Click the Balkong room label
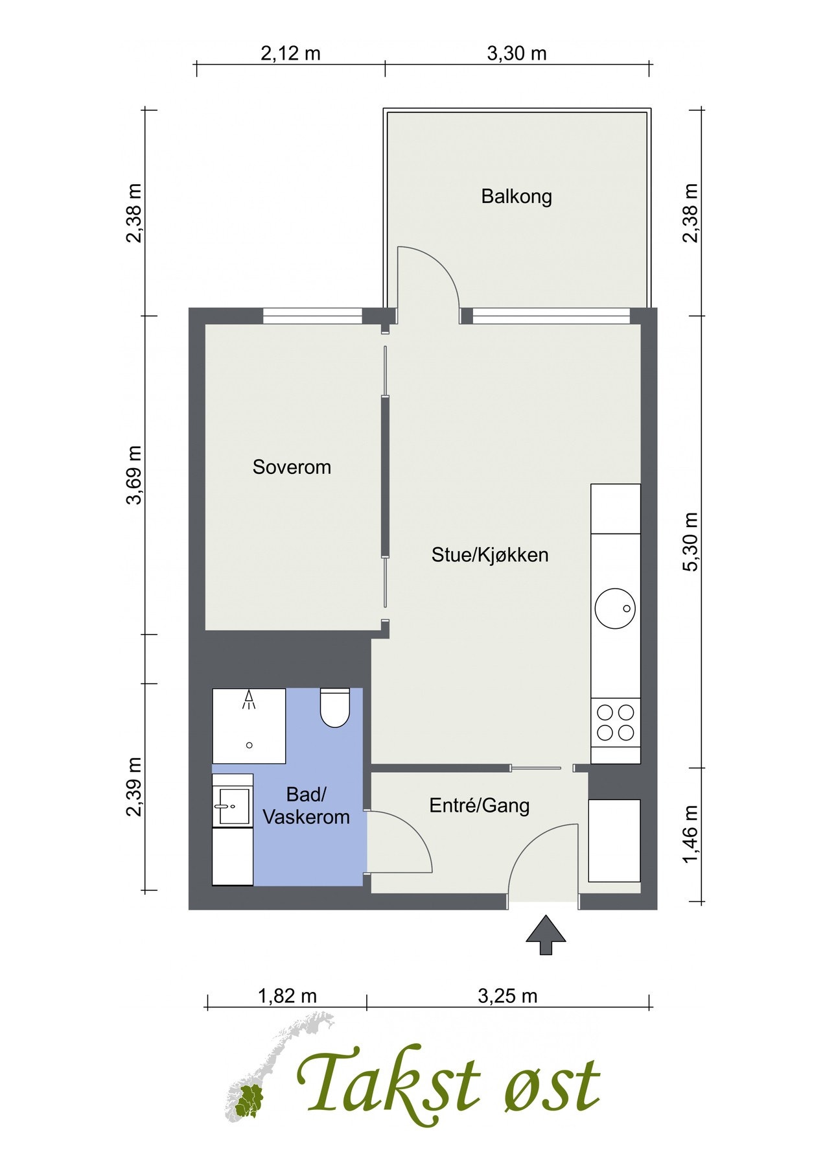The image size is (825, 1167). tap(516, 196)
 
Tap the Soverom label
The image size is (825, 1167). tap(292, 467)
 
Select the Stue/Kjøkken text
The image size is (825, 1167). tap(490, 555)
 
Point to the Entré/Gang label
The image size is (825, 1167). tap(480, 806)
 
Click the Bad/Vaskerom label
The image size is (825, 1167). tap(306, 806)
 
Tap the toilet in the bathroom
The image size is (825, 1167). tap(334, 708)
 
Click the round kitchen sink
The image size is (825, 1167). tap(614, 608)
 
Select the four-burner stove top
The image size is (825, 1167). tap(615, 722)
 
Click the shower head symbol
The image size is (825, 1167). tap(249, 698)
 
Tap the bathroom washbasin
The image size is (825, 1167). tap(233, 806)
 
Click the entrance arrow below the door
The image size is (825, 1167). tap(546, 935)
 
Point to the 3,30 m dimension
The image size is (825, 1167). tap(517, 53)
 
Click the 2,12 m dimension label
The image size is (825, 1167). tap(290, 53)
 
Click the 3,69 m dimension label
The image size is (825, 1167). tap(134, 475)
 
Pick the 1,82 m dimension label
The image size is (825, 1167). tap(287, 996)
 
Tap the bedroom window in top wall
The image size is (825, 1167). tap(312, 316)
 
